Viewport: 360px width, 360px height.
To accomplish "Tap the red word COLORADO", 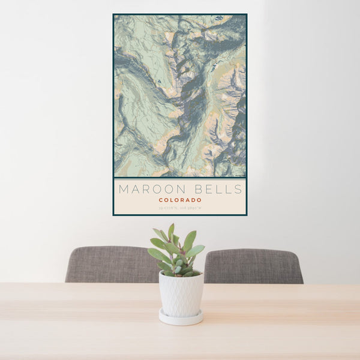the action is (180, 200).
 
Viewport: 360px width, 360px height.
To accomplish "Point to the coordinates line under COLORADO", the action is (180, 208).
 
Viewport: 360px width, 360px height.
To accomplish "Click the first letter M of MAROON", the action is (124, 190).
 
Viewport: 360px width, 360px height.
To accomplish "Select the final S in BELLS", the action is (239, 190).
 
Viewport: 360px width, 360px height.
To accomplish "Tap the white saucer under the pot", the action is (181, 318).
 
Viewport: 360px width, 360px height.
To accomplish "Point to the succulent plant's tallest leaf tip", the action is (171, 226).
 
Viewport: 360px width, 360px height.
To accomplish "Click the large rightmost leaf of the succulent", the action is (196, 251).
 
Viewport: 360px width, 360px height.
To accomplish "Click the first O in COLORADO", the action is (167, 200).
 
